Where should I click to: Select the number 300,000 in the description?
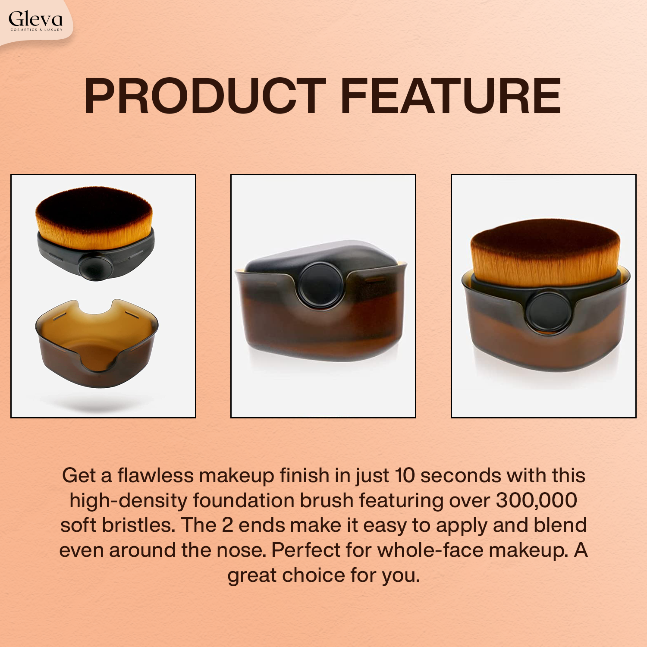[x=537, y=500]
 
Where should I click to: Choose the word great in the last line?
[x=252, y=575]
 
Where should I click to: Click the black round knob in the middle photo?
[x=321, y=284]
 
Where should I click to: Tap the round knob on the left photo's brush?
[x=96, y=267]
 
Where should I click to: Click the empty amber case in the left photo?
[x=97, y=345]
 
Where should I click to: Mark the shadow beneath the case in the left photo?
[x=97, y=403]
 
